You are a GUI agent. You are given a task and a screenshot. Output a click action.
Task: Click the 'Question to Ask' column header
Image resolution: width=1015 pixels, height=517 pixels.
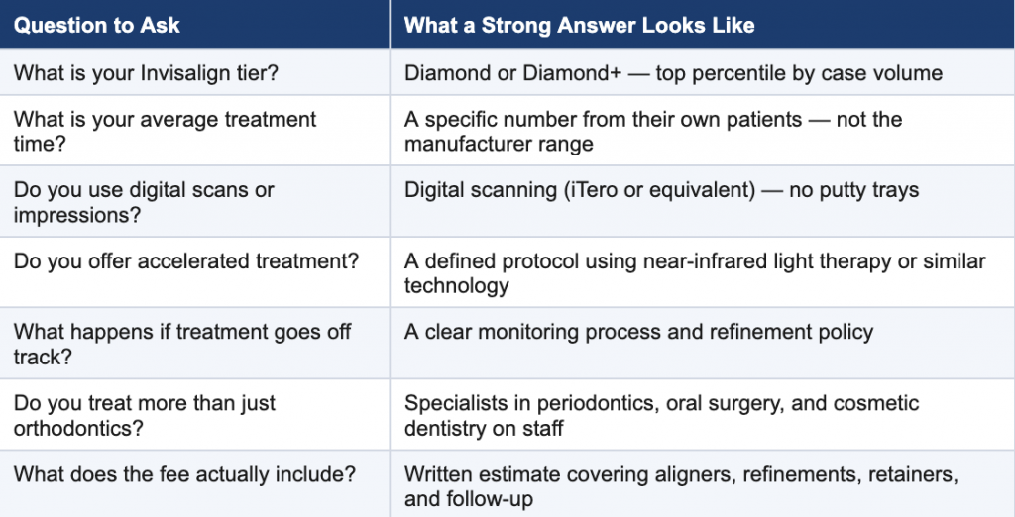[96, 25]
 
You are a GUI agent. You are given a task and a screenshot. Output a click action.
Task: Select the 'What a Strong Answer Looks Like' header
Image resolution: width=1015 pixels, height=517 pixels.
[579, 25]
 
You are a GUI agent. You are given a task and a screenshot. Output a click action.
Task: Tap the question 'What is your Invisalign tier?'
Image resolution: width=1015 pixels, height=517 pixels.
[146, 73]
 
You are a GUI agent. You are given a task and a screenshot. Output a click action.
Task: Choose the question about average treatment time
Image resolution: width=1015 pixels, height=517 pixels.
[166, 131]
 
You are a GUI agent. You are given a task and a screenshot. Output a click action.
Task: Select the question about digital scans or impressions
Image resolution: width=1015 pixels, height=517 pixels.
[144, 202]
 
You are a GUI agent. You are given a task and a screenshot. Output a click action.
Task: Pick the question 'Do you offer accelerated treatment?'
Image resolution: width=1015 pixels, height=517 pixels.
[185, 261]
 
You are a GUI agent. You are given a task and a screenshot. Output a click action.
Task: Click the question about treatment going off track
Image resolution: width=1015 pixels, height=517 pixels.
[182, 344]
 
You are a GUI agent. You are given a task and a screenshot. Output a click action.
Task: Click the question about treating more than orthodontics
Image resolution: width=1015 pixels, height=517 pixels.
[145, 415]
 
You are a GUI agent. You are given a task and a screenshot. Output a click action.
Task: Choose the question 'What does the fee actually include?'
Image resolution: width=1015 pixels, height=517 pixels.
[184, 474]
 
